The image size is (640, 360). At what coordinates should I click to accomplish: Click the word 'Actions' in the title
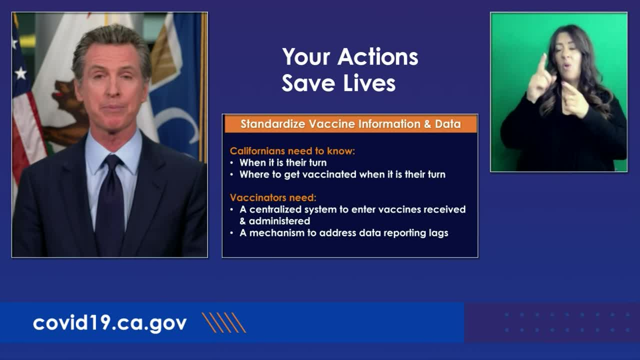click(x=377, y=57)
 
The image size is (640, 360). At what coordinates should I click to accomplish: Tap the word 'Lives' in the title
click(x=369, y=83)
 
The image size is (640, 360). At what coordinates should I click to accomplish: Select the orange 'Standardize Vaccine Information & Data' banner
click(x=350, y=124)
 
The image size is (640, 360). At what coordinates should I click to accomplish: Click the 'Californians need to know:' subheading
click(x=292, y=151)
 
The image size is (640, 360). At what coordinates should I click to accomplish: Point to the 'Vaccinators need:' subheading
click(x=273, y=197)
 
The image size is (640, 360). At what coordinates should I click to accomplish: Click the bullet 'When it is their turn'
click(x=283, y=162)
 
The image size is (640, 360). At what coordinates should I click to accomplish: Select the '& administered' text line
click(x=275, y=221)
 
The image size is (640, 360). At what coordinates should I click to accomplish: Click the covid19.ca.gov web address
click(x=109, y=323)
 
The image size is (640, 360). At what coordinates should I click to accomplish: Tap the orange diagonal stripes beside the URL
click(x=223, y=322)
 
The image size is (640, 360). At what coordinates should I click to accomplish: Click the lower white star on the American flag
click(x=20, y=73)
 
